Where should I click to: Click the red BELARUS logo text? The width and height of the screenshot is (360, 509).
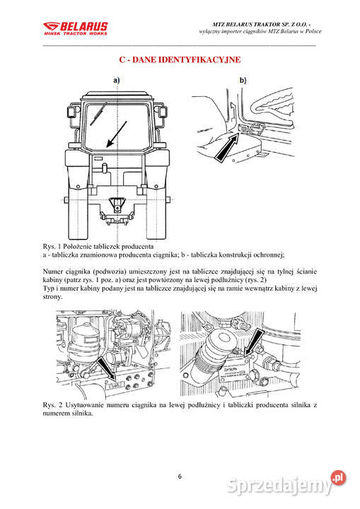83,26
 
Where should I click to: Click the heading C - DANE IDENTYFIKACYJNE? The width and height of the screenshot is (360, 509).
180,59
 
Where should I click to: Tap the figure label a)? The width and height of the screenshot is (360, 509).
116,80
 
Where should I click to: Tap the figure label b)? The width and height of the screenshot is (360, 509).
243,80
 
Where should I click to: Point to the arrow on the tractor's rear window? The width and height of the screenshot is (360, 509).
117,134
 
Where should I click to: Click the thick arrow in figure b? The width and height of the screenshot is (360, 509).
227,147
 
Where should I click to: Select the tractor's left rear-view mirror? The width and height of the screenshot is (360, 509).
71,112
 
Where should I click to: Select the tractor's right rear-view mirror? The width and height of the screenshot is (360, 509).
163,112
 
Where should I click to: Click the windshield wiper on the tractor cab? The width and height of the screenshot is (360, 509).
98,113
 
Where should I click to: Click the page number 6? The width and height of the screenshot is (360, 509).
180,476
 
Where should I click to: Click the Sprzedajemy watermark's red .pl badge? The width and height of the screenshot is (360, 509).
338,478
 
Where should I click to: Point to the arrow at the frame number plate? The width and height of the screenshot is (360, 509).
107,369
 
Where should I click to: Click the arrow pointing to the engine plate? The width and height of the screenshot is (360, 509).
253,342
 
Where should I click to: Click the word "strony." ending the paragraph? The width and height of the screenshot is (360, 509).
52,297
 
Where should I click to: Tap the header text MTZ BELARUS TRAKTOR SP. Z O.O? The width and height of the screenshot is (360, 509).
260,24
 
